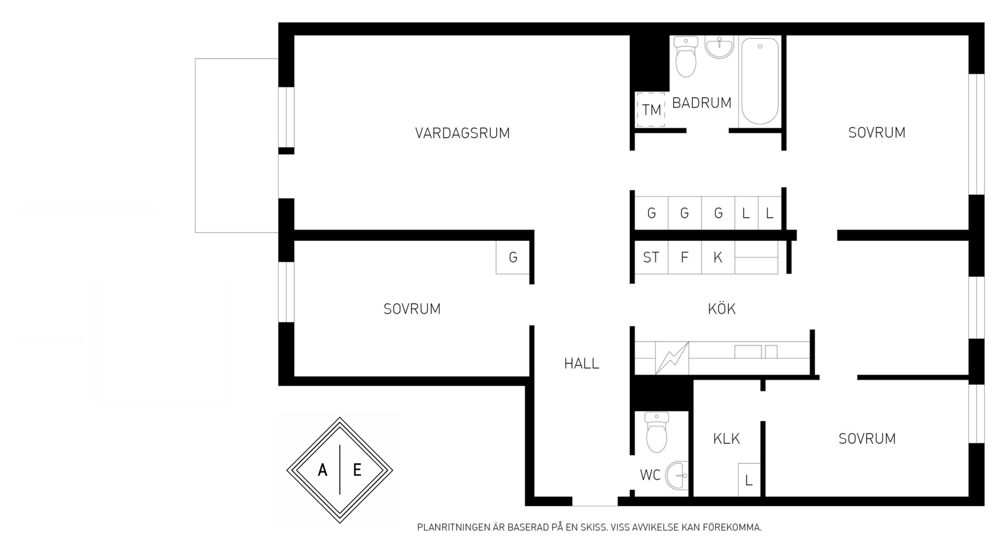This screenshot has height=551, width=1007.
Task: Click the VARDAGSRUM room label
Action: tap(462, 133)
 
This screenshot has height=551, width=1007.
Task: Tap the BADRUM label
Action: tap(702, 103)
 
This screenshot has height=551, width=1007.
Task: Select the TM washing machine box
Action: tap(651, 110)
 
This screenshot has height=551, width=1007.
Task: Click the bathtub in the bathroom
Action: tap(760, 81)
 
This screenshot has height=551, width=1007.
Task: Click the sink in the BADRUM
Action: tap(719, 47)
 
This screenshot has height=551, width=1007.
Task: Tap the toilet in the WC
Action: tap(656, 432)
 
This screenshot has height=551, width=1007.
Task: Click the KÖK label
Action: tap(721, 309)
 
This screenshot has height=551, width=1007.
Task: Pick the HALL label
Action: tap(582, 364)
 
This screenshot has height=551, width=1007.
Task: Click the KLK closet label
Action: tap(726, 438)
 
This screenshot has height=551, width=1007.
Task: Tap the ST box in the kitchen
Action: tap(652, 257)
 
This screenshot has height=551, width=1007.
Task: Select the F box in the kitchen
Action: tap(684, 257)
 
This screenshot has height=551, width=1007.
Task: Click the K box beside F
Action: tap(718, 257)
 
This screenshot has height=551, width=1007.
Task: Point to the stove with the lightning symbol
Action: tap(672, 358)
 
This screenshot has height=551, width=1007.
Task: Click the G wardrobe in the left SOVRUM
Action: tap(513, 257)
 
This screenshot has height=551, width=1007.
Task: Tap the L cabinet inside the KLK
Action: tap(749, 480)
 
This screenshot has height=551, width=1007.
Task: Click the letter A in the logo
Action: tap(323, 470)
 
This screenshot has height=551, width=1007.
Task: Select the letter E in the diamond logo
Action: tap(357, 470)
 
